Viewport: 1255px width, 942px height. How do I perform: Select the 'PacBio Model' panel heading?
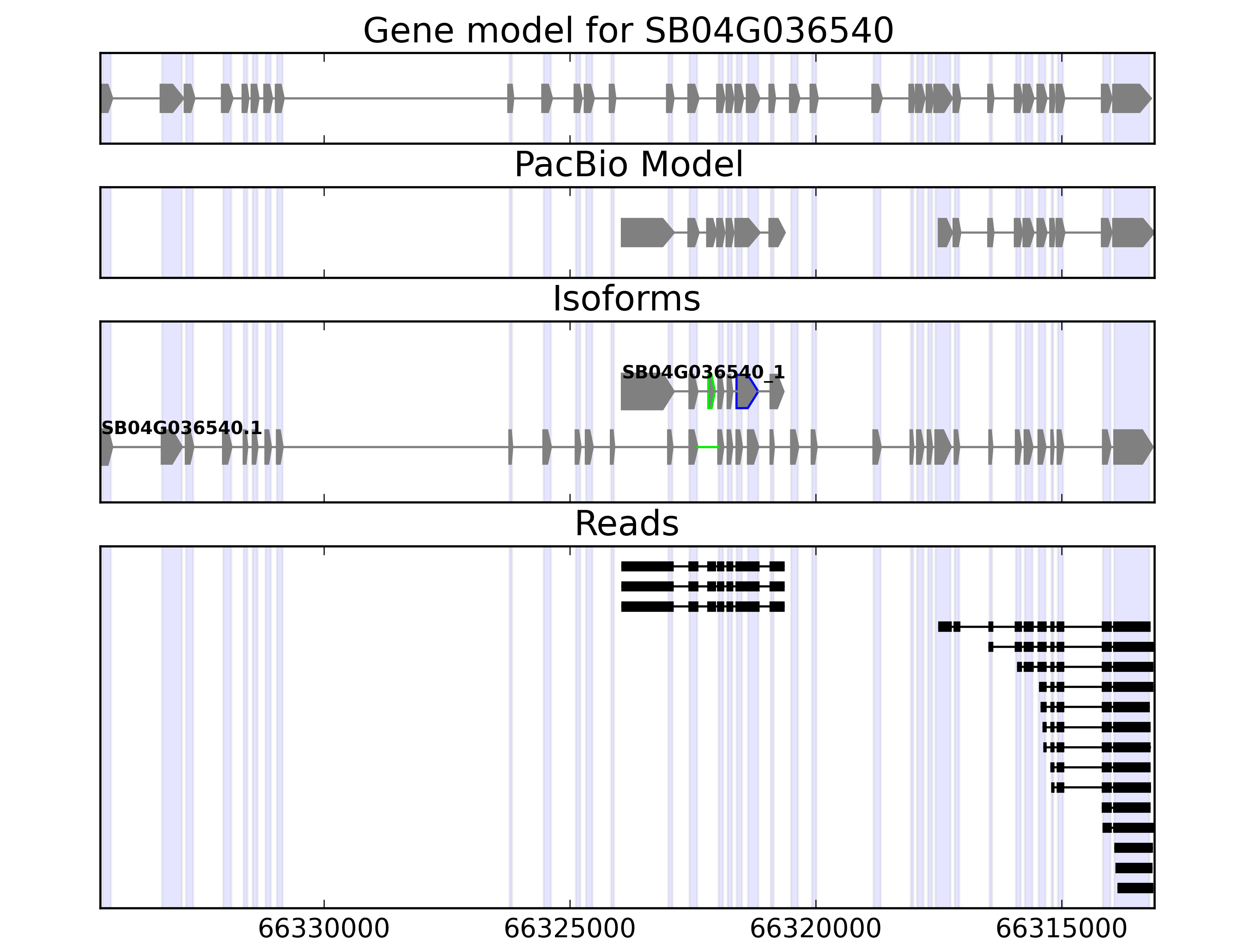pos(628,165)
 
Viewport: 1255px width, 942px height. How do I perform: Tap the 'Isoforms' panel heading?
pos(626,299)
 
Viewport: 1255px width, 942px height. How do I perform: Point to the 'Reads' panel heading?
pos(626,524)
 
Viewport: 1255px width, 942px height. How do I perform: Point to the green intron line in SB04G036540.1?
pos(708,447)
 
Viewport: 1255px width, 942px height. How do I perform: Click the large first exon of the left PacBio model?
pos(644,232)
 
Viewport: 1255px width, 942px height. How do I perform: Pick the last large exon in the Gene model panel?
pos(1129,98)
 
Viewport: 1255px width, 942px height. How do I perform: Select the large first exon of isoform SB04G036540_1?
pos(644,392)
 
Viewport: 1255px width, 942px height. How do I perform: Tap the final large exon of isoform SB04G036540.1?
pos(1131,447)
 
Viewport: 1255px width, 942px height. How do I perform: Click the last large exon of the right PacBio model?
pos(1131,232)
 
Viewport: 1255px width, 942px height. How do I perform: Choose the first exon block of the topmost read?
pos(647,566)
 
